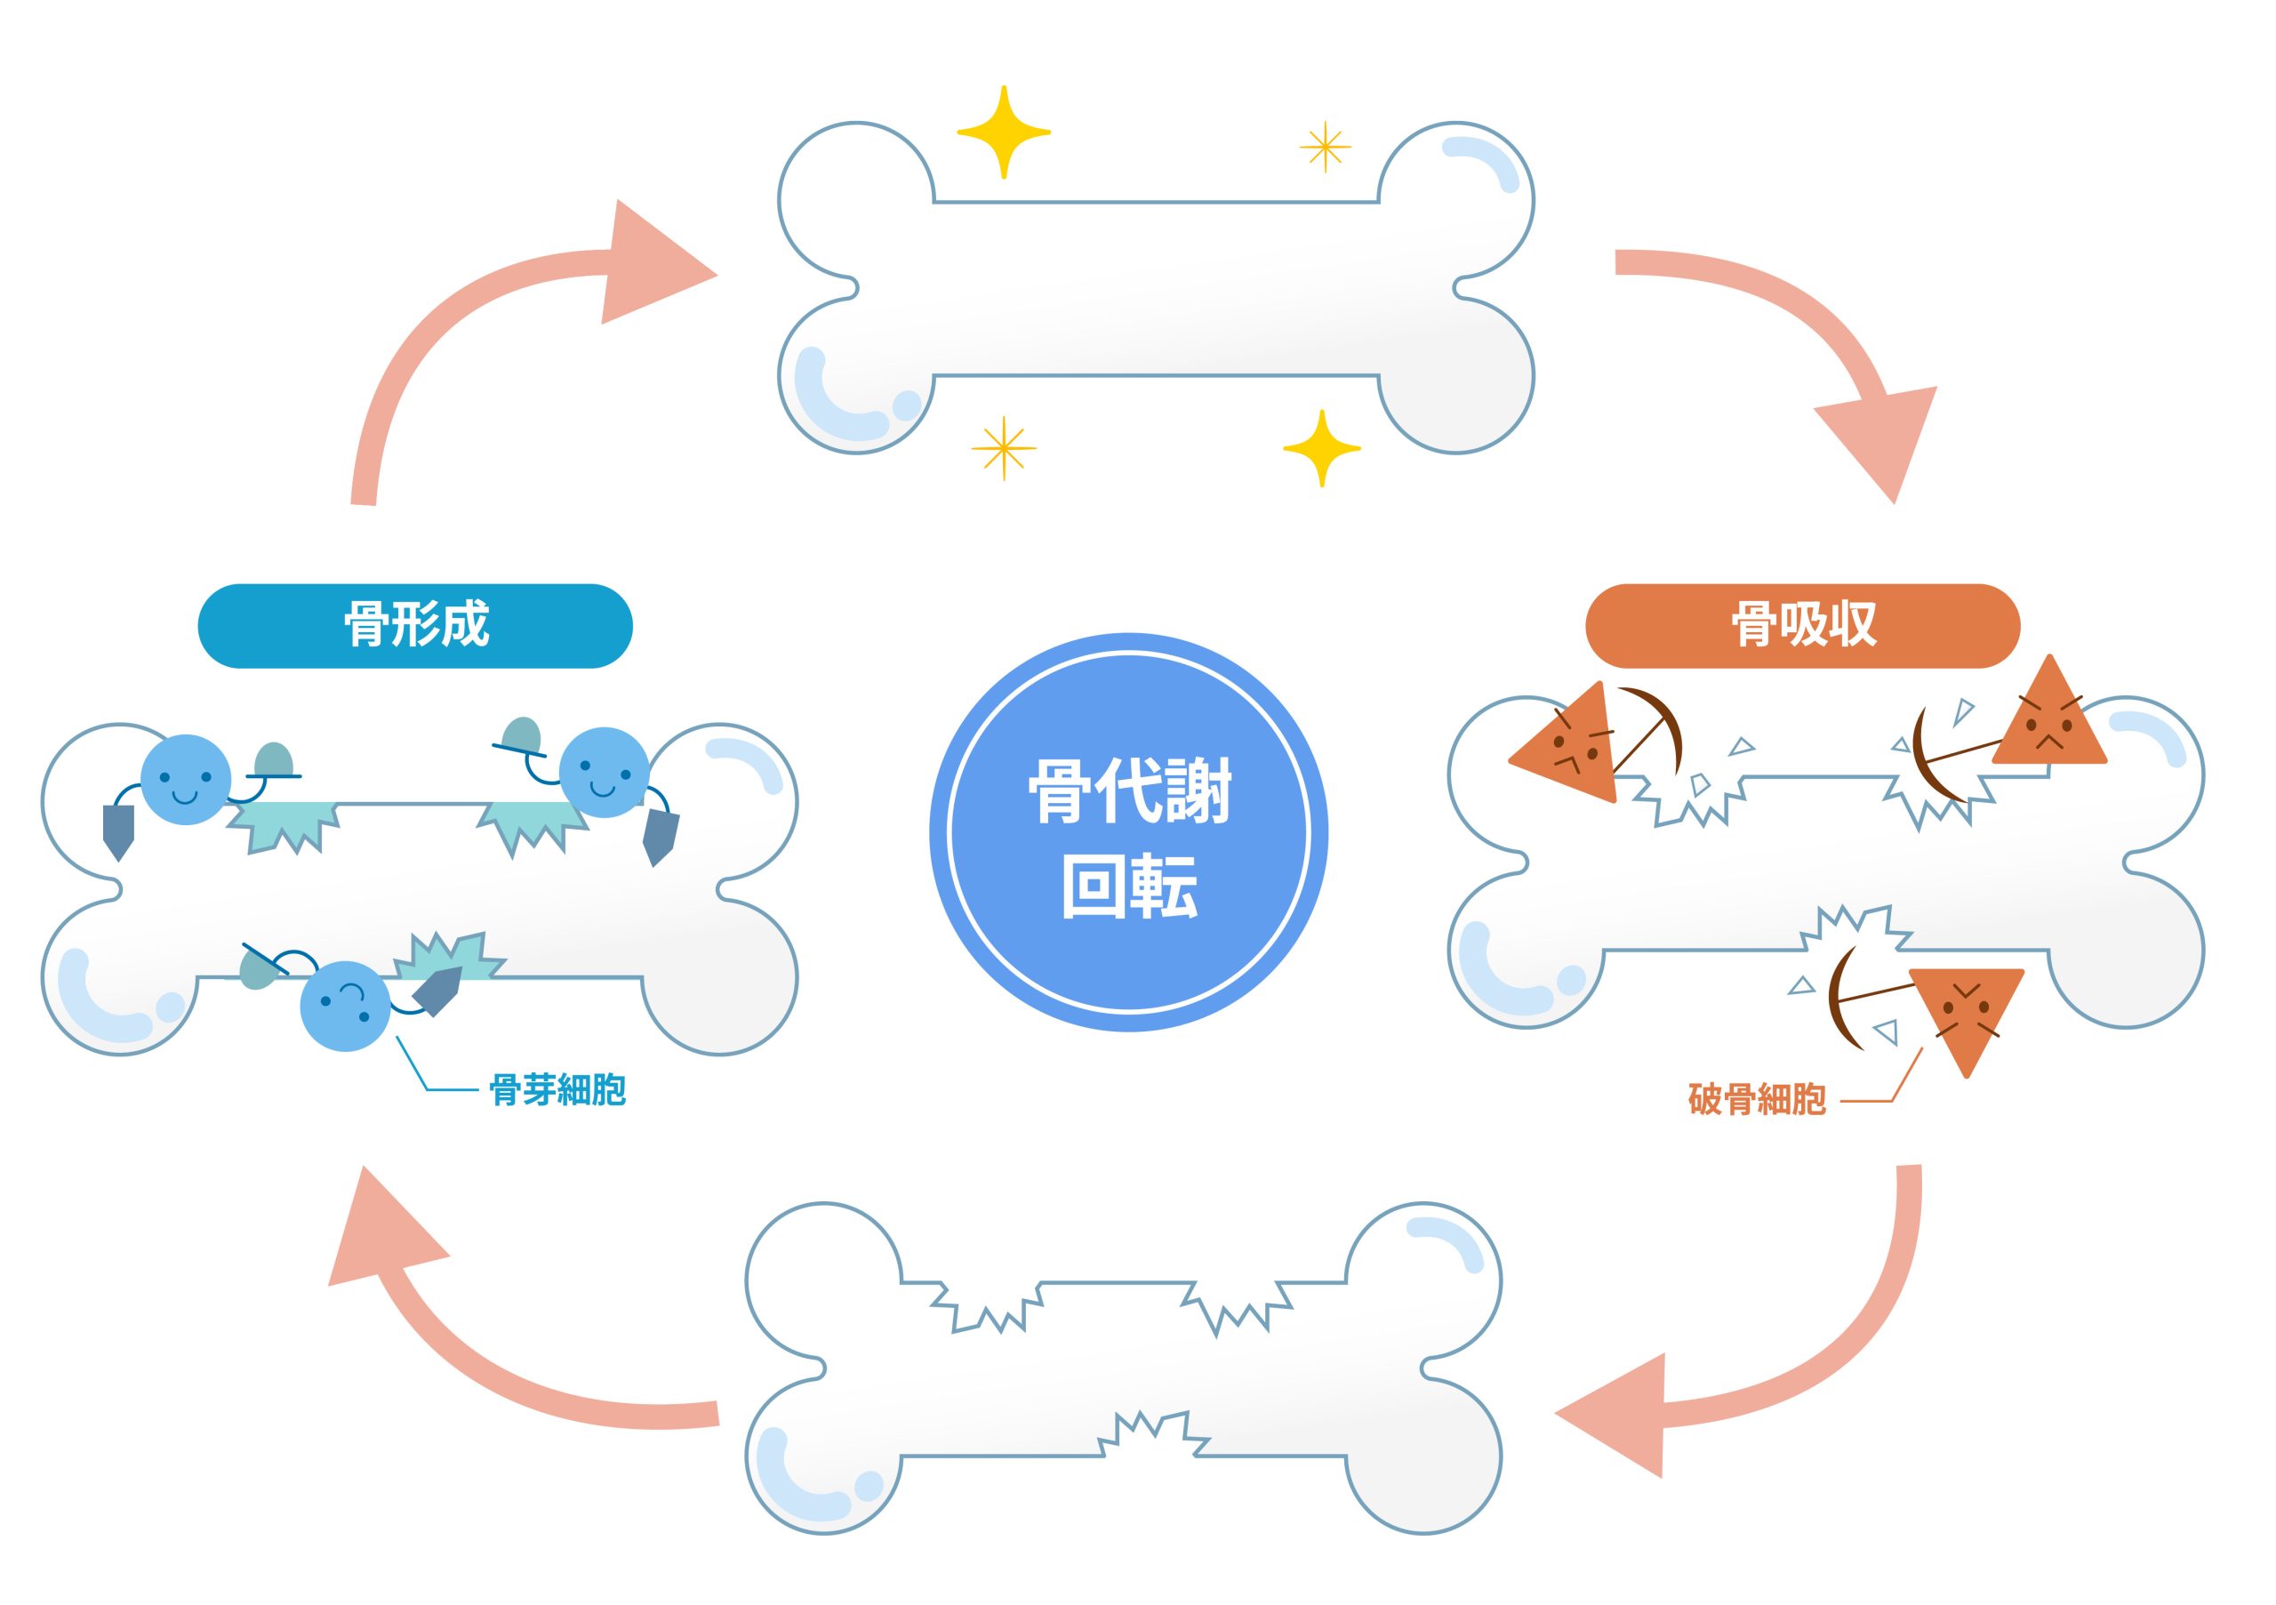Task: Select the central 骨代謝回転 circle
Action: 1128,833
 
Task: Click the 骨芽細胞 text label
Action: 557,1089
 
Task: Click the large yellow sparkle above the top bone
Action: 1003,132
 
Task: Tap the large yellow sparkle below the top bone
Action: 1321,448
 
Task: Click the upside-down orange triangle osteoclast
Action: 1965,1011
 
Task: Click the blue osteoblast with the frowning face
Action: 344,1005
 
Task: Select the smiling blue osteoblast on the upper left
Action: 186,779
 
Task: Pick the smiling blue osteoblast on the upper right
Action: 604,772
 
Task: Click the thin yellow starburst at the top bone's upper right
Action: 1325,148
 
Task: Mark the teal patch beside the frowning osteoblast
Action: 446,959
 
